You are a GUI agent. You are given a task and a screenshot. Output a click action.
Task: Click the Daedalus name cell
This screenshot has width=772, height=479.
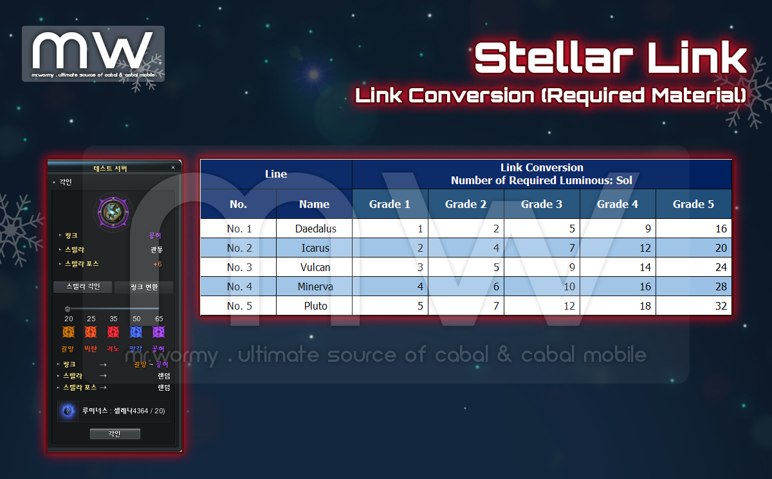tap(315, 229)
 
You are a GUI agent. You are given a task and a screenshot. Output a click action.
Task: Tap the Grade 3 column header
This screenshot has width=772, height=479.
tap(542, 204)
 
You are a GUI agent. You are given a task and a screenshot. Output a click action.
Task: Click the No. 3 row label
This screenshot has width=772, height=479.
tap(239, 267)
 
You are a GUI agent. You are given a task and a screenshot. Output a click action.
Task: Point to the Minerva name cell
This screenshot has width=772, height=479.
tap(315, 286)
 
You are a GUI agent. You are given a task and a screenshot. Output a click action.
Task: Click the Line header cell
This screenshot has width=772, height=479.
tap(276, 174)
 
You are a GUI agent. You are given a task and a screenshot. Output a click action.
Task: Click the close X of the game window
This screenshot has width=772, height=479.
tap(173, 167)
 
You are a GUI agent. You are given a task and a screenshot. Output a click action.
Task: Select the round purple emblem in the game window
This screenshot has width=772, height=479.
tap(113, 212)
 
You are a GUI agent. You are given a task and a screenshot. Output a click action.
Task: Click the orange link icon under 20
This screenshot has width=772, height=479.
tap(68, 332)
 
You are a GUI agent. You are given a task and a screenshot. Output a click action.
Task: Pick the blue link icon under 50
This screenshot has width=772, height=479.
tap(136, 332)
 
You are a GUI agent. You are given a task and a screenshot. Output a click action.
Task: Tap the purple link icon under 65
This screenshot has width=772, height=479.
tap(158, 332)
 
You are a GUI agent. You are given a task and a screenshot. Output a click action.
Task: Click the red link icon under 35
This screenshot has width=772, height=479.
tap(113, 332)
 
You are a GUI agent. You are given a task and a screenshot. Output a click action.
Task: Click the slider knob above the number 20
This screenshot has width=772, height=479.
tap(68, 309)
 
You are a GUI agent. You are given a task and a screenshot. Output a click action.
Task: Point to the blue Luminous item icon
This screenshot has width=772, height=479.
tap(68, 411)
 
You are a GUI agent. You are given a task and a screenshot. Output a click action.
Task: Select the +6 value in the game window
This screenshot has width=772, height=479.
tap(157, 264)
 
